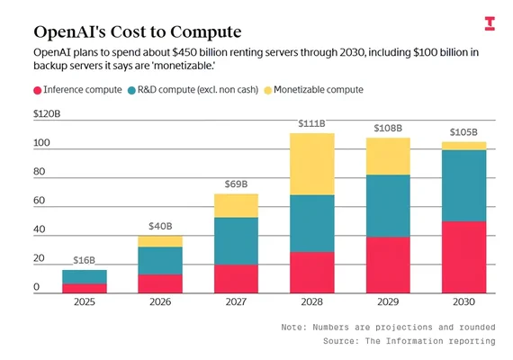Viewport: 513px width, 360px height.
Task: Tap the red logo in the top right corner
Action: [x=489, y=23]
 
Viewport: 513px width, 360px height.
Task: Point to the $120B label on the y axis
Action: [x=47, y=114]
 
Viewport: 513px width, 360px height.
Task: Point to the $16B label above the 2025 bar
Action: [x=84, y=260]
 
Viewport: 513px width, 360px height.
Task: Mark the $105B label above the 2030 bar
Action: [x=464, y=132]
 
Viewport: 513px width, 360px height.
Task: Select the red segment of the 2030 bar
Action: [x=464, y=257]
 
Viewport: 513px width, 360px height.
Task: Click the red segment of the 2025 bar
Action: [x=84, y=288]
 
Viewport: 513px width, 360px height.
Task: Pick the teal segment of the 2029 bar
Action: [x=388, y=205]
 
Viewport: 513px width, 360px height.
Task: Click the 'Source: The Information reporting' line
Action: [x=409, y=342]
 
